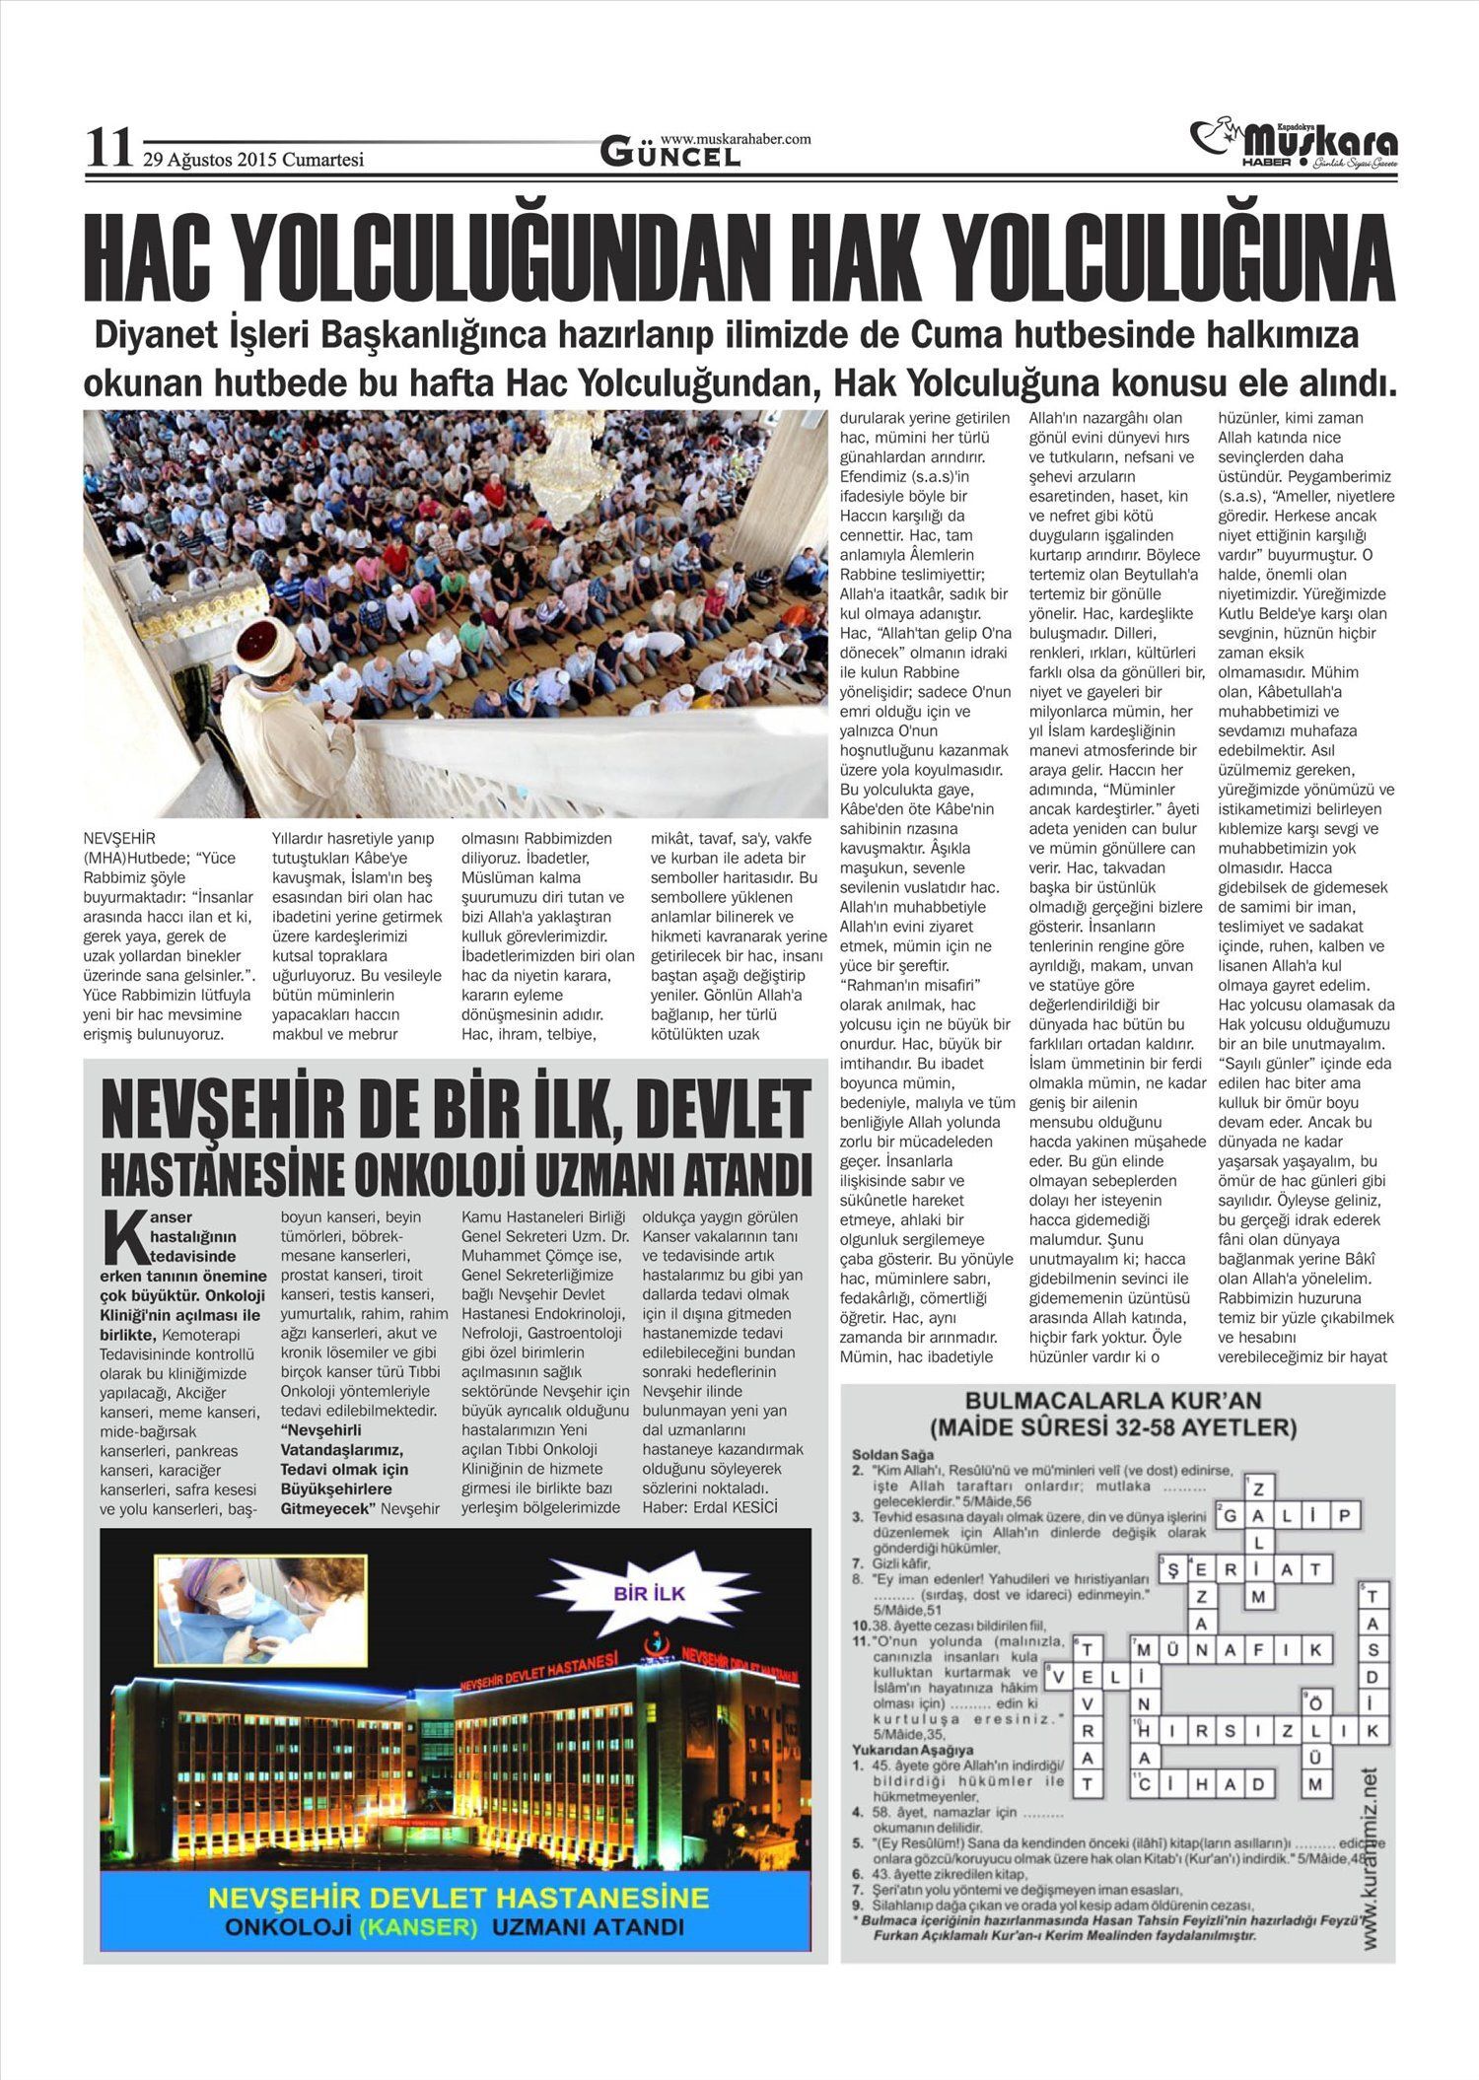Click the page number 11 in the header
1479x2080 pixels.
108,150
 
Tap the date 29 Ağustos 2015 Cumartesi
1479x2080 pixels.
253,159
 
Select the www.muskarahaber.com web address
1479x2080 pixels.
736,139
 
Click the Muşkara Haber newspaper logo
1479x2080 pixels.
1294,145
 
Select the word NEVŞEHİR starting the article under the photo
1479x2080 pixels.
120,838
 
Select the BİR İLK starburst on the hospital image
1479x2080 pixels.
649,1594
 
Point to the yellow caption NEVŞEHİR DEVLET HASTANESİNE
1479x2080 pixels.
459,1898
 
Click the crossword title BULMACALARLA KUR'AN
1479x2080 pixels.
1113,1401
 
